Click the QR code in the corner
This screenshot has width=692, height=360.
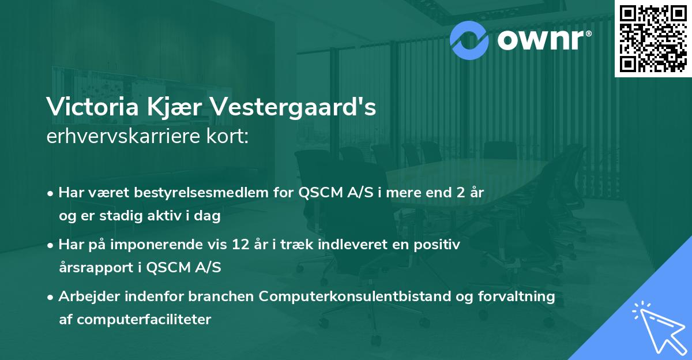[653, 38]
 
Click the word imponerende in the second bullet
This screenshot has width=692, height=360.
[175, 245]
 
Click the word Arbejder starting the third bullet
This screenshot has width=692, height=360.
[85, 297]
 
